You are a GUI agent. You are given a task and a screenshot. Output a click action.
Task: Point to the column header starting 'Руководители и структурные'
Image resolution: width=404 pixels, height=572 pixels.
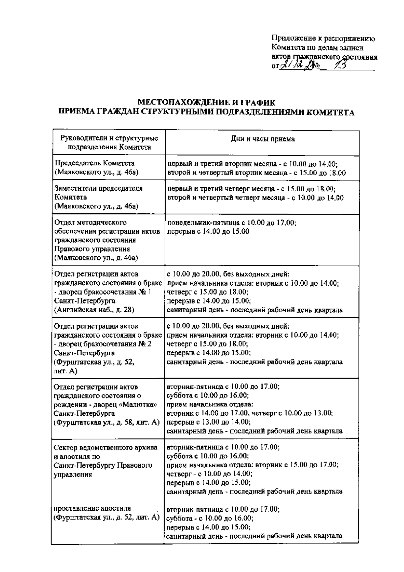[109, 138]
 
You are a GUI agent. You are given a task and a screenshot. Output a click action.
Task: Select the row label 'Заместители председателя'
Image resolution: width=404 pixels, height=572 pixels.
[98, 188]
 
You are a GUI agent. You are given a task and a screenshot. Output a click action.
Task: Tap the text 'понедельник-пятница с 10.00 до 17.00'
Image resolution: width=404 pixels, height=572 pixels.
[232, 223]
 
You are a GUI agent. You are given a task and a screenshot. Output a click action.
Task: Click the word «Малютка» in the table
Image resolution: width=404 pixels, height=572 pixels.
[142, 405]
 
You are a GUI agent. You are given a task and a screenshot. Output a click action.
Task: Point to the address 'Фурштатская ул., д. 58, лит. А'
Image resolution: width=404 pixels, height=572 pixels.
[107, 422]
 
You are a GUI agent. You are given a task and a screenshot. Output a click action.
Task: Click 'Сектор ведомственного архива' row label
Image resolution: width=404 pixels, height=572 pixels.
[106, 448]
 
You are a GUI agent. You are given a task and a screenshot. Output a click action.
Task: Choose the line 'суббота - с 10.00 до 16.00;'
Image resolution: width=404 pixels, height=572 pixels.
[210, 518]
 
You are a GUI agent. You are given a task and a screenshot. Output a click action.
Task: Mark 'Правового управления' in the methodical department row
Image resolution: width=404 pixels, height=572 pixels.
[87, 249]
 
